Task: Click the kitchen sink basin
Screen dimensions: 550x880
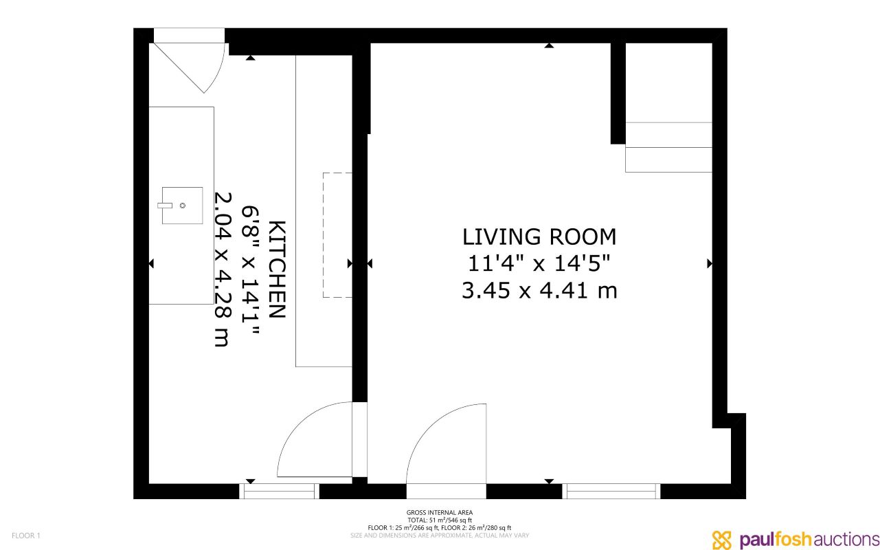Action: [183, 205]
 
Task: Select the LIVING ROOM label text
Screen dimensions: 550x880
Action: [539, 236]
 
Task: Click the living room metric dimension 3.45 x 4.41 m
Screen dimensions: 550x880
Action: [539, 291]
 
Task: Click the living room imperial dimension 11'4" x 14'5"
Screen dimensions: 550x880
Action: [539, 264]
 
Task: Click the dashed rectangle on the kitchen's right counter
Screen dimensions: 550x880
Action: [338, 235]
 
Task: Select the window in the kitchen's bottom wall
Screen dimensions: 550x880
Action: [279, 491]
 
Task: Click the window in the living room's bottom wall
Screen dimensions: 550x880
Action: [611, 491]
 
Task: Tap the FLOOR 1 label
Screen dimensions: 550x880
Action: [26, 536]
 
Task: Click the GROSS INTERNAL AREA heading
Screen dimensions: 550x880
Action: [440, 512]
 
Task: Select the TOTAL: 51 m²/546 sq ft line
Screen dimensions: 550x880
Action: [440, 520]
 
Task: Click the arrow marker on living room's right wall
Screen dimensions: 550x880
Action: [710, 263]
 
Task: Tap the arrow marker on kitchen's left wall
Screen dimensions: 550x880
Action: [151, 263]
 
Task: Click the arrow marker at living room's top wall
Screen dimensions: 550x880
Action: [549, 46]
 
